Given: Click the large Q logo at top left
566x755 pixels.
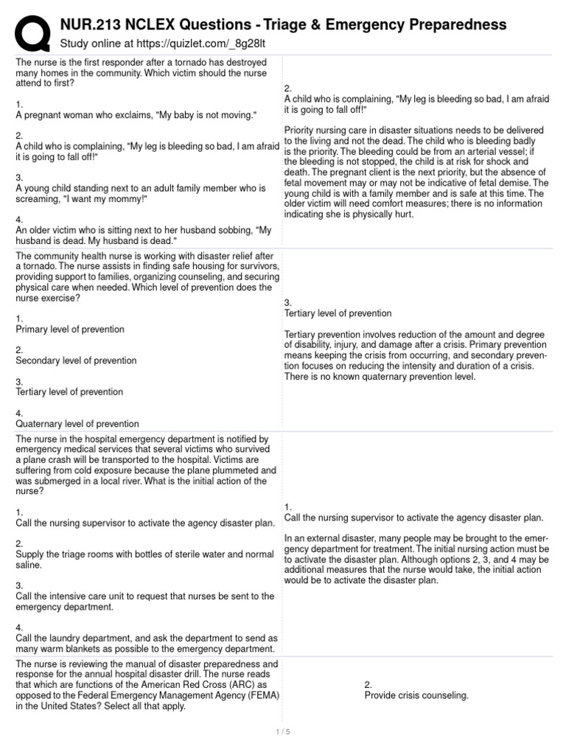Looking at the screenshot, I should (x=31, y=32).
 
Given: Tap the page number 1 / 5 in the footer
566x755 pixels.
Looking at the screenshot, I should (x=283, y=731).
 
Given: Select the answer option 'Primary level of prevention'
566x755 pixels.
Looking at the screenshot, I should (x=70, y=329).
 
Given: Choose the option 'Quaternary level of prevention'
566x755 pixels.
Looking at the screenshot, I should (x=77, y=424).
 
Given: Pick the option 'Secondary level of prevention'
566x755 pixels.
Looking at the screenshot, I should (x=76, y=361).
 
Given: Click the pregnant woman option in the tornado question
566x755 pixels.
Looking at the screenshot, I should (x=136, y=115).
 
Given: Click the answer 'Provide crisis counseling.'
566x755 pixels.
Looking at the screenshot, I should (x=416, y=695).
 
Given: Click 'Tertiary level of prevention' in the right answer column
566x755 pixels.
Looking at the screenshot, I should (x=338, y=313).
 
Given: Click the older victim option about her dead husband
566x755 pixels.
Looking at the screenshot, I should (x=144, y=236).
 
